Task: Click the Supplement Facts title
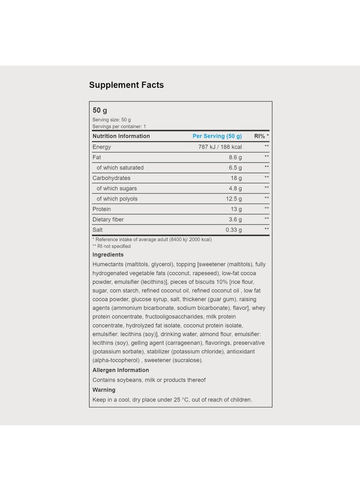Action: [x=126, y=85]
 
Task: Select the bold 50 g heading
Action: [x=100, y=110]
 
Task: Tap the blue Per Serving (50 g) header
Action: [x=217, y=136]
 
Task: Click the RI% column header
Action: [x=261, y=136]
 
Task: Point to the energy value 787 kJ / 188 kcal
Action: [x=220, y=147]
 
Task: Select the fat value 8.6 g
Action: [x=235, y=157]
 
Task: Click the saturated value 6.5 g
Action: [x=235, y=167]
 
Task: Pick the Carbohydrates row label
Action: [x=111, y=178]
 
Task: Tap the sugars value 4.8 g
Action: [x=235, y=188]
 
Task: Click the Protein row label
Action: [x=102, y=209]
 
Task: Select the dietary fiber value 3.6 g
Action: [x=235, y=219]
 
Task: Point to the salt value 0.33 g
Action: [x=234, y=230]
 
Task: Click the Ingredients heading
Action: [x=108, y=255]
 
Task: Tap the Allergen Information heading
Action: [x=121, y=370]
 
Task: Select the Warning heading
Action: [x=104, y=390]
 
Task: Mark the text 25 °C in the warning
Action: [x=180, y=400]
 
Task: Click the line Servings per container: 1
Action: [x=119, y=126]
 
